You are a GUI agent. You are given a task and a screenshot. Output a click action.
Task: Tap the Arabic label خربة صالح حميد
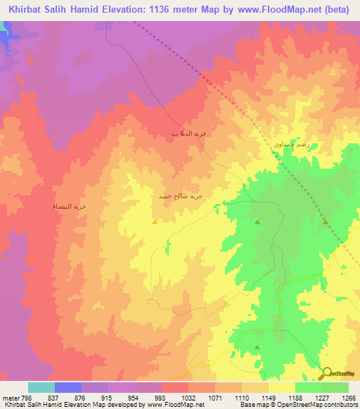181,197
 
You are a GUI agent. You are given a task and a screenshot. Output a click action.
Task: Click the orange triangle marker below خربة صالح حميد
155,221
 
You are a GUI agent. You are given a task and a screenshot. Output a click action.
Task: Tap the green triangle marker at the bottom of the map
257,346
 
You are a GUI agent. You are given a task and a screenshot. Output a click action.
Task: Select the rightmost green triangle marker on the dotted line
326,221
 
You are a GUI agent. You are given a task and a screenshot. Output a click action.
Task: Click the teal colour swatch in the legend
41,387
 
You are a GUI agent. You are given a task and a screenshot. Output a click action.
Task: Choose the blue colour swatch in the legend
67,387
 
